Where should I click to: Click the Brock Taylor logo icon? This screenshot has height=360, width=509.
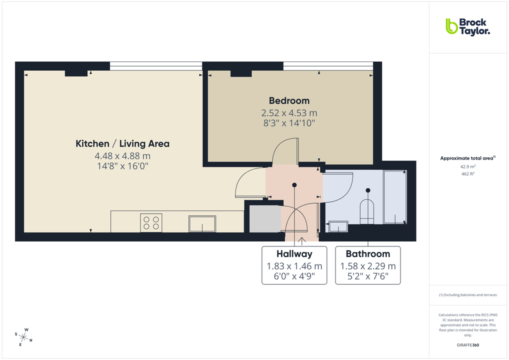pyautogui.click(x=451, y=26)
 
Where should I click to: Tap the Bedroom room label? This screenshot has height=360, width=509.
pyautogui.click(x=289, y=100)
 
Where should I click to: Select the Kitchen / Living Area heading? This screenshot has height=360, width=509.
pyautogui.click(x=122, y=144)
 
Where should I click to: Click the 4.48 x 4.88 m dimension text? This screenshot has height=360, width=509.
pyautogui.click(x=122, y=156)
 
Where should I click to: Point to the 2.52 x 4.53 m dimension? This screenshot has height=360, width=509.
pyautogui.click(x=289, y=113)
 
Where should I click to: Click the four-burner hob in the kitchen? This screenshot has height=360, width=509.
pyautogui.click(x=151, y=222)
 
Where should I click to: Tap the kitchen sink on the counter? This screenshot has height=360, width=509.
pyautogui.click(x=202, y=223)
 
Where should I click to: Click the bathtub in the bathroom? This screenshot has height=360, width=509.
pyautogui.click(x=394, y=197)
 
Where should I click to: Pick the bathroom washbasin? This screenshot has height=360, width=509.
pyautogui.click(x=338, y=227)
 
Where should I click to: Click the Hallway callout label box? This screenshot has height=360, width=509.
pyautogui.click(x=294, y=265)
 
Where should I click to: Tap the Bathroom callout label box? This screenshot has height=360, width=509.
pyautogui.click(x=368, y=265)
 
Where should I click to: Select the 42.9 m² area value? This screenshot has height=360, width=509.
pyautogui.click(x=467, y=166)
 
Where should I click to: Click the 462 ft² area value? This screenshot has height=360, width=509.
pyautogui.click(x=467, y=173)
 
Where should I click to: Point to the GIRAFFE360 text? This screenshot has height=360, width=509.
pyautogui.click(x=467, y=344)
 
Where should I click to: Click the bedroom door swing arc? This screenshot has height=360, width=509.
pyautogui.click(x=284, y=150)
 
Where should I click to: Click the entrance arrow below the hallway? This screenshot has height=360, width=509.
pyautogui.click(x=301, y=241)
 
